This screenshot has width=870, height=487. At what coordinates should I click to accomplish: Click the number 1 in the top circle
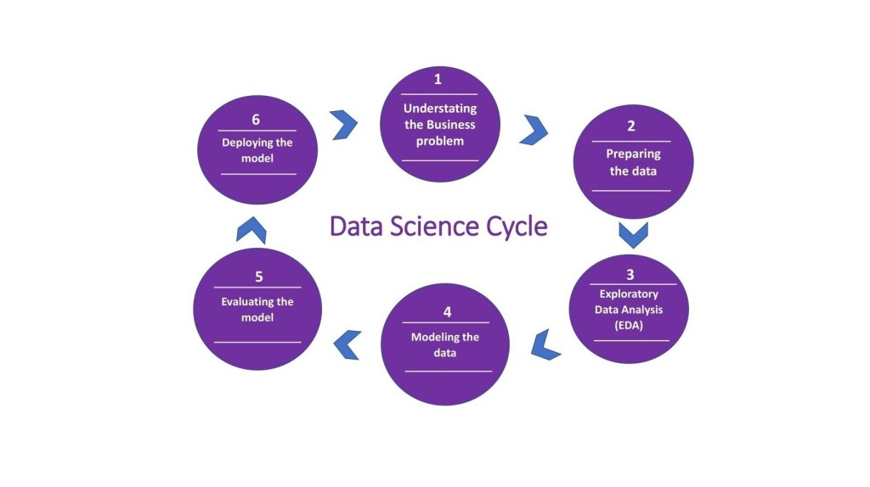(x=438, y=80)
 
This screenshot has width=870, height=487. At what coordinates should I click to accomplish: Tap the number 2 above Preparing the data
(x=631, y=126)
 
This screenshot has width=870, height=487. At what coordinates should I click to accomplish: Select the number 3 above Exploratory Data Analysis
(x=630, y=274)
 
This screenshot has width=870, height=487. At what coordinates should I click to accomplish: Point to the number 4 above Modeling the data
(x=445, y=311)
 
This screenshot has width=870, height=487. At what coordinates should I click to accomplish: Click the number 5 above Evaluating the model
(x=257, y=277)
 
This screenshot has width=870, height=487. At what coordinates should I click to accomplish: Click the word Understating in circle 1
(x=440, y=109)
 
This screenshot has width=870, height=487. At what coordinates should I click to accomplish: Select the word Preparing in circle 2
(x=633, y=154)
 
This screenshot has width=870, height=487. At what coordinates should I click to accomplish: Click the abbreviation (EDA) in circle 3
(x=630, y=325)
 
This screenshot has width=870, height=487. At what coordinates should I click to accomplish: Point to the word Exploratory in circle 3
(x=630, y=294)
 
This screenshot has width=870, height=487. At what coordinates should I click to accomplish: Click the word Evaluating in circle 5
(x=246, y=301)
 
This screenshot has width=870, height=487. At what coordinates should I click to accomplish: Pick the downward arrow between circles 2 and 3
(x=633, y=234)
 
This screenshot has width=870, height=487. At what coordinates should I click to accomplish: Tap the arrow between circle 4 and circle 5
(x=347, y=343)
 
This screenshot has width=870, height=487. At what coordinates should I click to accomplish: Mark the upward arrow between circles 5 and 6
(x=251, y=229)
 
